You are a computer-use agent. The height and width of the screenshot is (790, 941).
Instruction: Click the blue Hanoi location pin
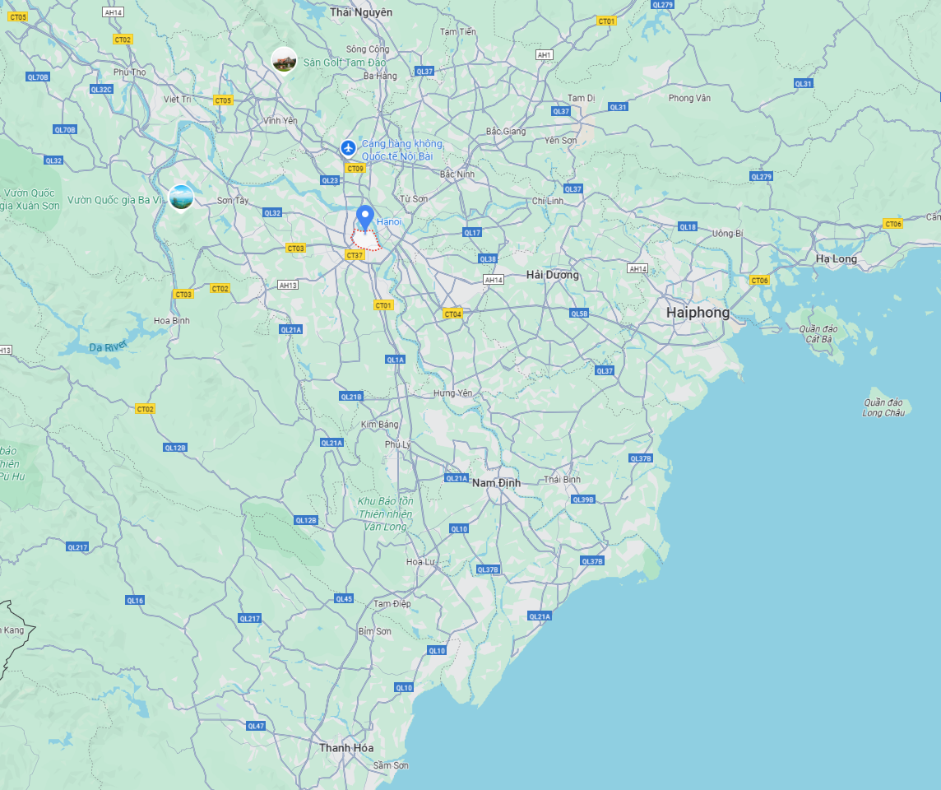(366, 217)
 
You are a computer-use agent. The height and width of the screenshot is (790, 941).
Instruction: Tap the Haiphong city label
(698, 313)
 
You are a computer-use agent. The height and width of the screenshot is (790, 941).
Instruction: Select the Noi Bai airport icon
(349, 148)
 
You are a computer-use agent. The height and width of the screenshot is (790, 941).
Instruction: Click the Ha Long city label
(836, 258)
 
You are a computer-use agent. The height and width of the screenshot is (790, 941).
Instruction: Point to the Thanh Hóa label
(346, 747)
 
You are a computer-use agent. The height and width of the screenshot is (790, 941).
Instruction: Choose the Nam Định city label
(496, 482)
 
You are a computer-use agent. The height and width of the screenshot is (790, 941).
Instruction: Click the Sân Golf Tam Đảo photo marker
(284, 60)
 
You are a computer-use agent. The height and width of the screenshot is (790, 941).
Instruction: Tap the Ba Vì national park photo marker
(181, 197)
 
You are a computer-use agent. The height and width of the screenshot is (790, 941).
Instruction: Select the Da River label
(108, 346)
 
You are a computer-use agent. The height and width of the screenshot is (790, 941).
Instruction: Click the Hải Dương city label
(552, 275)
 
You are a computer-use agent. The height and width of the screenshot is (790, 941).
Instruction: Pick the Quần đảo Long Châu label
(883, 407)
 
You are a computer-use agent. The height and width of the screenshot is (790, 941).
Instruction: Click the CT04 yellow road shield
(452, 314)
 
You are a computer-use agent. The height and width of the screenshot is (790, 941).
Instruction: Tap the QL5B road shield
(579, 313)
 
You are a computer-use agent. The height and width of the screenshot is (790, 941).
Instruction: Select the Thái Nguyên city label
(361, 12)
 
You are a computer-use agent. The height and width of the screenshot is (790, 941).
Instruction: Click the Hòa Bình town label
(172, 320)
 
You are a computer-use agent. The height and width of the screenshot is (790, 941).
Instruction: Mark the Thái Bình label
(562, 479)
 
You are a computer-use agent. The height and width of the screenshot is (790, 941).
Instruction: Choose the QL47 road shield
(256, 725)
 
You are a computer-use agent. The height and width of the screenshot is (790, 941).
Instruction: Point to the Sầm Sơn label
(390, 765)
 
